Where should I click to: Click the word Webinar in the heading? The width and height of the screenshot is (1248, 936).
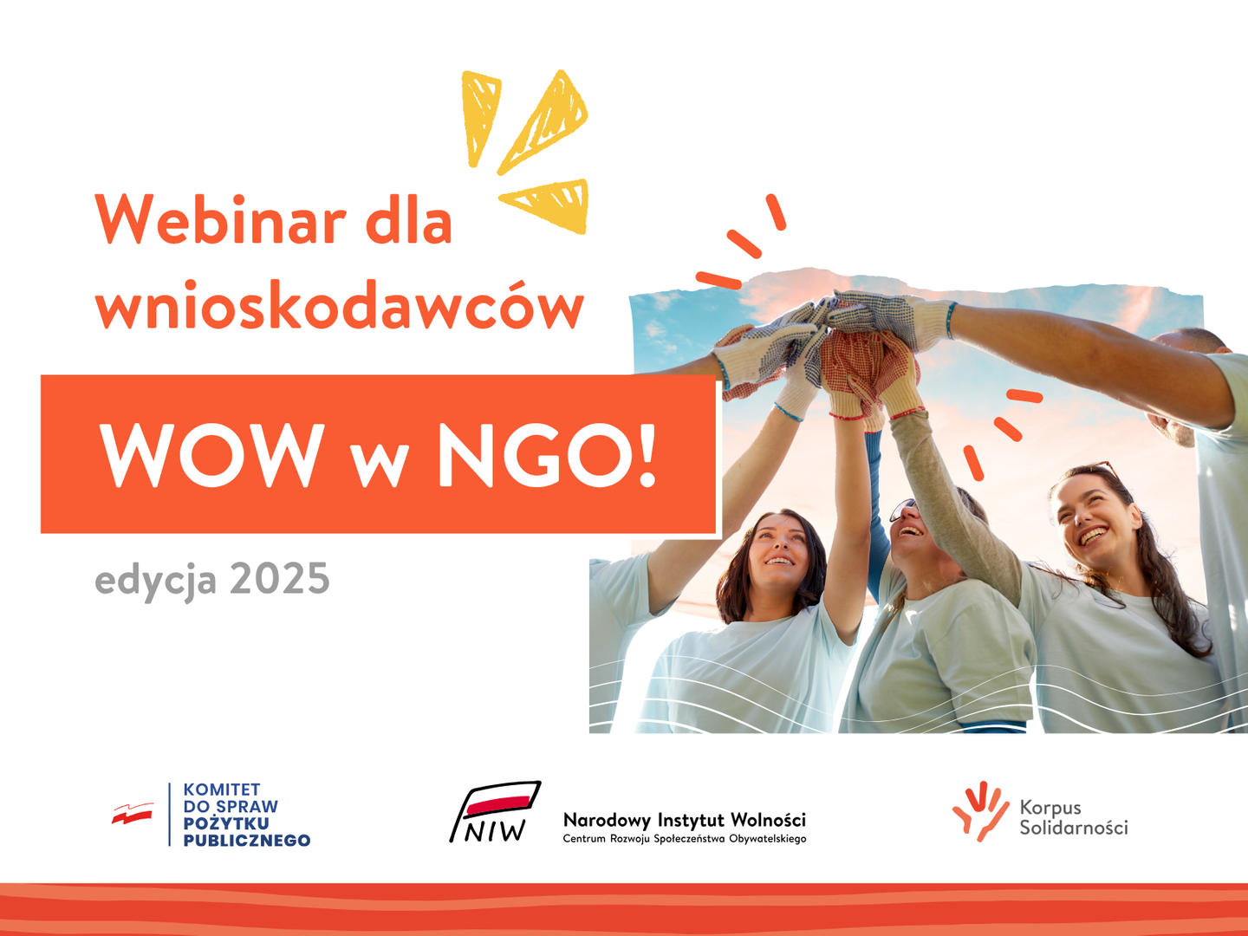pos(221,219)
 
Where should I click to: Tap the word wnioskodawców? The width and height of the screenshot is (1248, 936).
pos(340,304)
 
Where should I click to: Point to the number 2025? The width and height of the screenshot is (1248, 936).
pos(280,579)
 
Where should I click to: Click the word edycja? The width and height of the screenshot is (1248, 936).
pos(156,582)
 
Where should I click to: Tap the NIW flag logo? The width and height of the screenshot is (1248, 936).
pos(495,811)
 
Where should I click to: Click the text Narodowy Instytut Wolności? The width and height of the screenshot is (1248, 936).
pos(685,820)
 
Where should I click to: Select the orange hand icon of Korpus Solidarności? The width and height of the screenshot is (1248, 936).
pos(979,811)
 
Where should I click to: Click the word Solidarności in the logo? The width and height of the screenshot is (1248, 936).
pos(1074,828)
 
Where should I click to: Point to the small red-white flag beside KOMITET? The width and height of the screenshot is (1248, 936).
pos(133,814)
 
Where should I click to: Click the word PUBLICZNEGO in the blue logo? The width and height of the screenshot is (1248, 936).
pos(247,840)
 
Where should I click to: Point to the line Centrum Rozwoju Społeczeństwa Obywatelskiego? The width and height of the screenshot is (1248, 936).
pos(685,839)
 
